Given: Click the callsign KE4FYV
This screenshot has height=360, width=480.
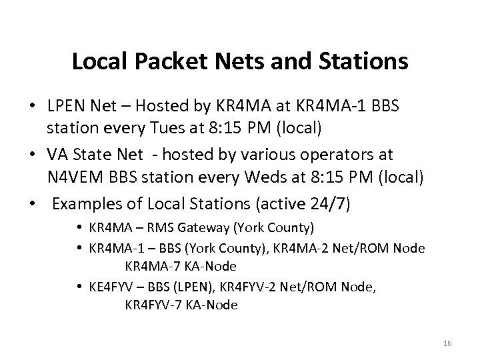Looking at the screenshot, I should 111,287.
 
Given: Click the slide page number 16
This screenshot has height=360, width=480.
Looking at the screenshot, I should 447,343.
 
